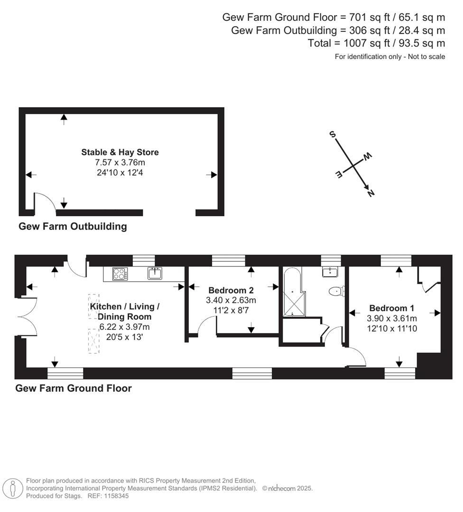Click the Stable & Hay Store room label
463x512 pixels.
(x=120, y=152)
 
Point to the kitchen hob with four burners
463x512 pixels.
(x=120, y=274)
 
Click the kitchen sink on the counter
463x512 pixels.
(x=155, y=273)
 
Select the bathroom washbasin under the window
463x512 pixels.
(x=330, y=272)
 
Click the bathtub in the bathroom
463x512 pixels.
(x=292, y=292)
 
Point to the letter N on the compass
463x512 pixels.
(x=370, y=192)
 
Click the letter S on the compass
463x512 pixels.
(x=333, y=135)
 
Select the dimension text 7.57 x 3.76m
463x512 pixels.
(x=120, y=163)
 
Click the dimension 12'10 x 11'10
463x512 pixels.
(x=392, y=328)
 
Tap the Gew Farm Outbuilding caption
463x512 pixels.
(x=73, y=226)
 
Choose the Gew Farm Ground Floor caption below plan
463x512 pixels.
(x=74, y=388)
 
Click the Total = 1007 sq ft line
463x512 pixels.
(x=376, y=43)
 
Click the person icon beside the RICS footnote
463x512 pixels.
(x=13, y=488)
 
